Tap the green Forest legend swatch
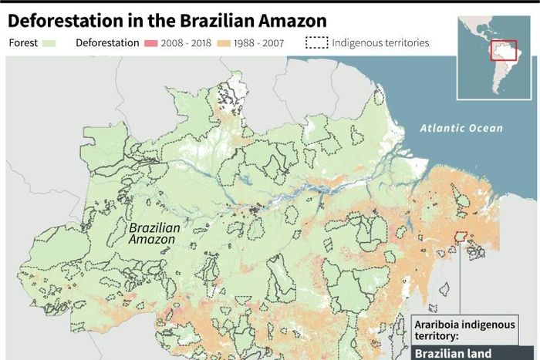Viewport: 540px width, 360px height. (51, 43)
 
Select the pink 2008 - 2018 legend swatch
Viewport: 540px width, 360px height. (150, 43)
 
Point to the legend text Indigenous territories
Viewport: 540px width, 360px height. (380, 43)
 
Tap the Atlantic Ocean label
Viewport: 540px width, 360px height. (461, 129)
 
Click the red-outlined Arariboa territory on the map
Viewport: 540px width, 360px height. (461, 236)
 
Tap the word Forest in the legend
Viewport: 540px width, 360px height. (23, 43)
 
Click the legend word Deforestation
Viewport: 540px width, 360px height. (107, 43)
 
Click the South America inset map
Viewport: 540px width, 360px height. (494, 58)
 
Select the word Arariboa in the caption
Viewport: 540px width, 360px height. (439, 325)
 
